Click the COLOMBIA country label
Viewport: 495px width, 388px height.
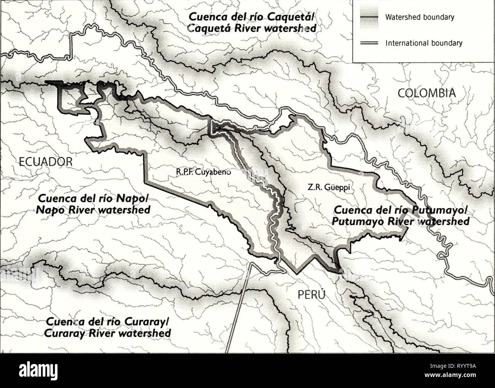(426, 93)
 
